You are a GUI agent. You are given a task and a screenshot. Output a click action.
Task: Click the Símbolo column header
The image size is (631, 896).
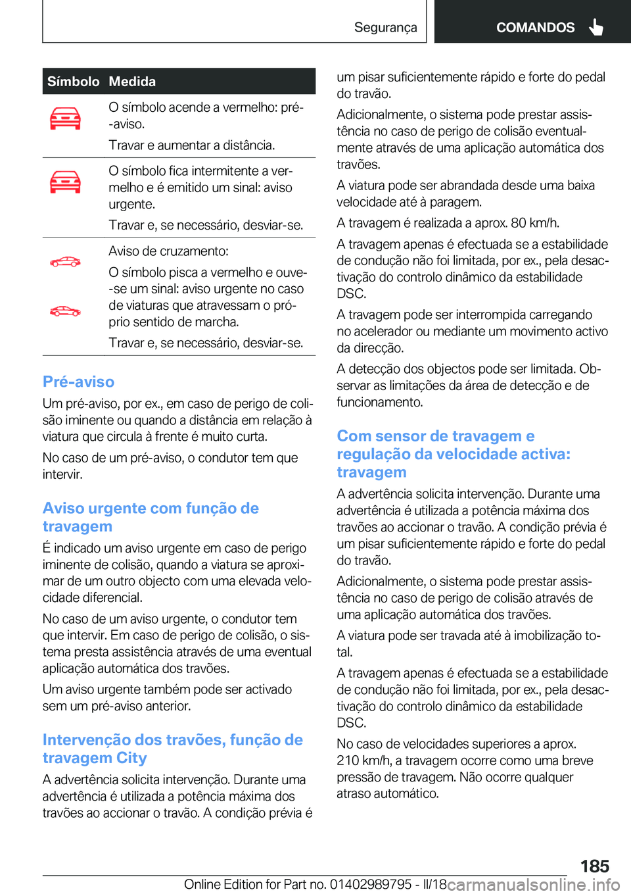(73, 82)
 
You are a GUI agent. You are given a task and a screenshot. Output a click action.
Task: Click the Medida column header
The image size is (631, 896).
(132, 82)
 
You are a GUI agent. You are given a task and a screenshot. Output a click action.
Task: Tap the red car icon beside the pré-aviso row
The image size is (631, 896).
(65, 119)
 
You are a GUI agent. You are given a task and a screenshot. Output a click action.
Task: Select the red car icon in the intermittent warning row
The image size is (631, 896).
(65, 182)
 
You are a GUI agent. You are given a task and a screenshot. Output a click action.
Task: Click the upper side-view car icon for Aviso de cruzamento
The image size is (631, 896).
(65, 262)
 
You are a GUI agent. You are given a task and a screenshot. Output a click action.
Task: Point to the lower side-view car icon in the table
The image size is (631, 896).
(65, 311)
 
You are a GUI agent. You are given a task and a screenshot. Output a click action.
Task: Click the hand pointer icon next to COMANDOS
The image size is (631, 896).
(596, 27)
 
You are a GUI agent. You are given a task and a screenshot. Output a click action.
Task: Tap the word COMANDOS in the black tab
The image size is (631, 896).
(535, 28)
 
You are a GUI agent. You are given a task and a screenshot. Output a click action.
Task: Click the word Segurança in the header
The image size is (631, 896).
(385, 28)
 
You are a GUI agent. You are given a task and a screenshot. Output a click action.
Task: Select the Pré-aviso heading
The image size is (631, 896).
(78, 382)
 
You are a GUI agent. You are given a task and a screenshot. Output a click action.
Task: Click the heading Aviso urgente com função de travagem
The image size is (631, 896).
(151, 517)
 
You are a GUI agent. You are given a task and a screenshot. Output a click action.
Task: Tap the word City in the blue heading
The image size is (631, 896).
(131, 759)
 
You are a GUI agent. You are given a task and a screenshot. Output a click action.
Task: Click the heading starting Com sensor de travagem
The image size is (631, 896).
(454, 454)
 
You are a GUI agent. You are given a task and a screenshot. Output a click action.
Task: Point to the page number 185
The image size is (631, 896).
(594, 866)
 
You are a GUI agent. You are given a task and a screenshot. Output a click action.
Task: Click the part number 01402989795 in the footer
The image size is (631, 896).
(371, 884)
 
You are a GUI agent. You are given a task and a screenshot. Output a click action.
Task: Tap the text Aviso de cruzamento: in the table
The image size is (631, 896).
(168, 251)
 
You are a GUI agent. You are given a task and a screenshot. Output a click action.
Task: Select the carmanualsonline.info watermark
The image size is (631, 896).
(533, 884)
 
